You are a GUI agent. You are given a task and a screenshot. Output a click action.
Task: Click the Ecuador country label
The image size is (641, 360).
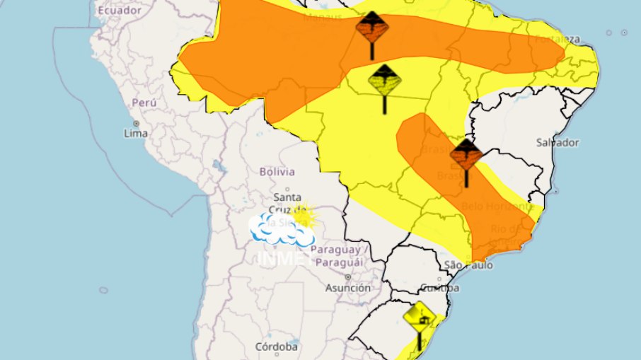[120, 11]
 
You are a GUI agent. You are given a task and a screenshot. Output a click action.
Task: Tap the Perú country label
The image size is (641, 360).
[144, 103]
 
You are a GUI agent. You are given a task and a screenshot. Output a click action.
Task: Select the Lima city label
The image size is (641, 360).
[136, 133]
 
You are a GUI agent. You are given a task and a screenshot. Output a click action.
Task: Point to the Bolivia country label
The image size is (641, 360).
[277, 172]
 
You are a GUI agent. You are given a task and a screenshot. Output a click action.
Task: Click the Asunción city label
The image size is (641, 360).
[347, 288]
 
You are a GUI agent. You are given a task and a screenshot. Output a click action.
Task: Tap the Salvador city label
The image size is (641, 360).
[558, 142]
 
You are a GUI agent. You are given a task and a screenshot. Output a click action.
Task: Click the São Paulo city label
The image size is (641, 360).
[468, 266]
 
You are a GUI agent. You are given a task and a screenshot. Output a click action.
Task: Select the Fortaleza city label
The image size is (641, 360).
[558, 39]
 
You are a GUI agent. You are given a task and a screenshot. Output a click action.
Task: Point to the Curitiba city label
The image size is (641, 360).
[439, 288]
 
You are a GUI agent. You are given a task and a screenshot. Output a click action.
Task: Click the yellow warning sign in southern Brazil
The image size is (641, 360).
[418, 315]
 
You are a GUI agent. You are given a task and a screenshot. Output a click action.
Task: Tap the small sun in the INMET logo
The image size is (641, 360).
[304, 214]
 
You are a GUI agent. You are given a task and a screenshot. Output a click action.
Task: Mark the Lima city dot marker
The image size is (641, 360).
[136, 123]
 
